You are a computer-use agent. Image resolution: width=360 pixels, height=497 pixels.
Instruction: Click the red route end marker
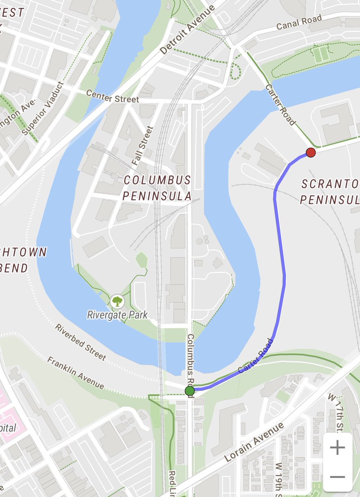click(311, 153)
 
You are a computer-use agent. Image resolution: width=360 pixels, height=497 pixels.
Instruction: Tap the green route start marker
click(190, 391)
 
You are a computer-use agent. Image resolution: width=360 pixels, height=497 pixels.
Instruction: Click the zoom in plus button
click(338, 448)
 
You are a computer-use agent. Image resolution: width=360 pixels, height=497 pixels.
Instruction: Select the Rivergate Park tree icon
click(117, 301)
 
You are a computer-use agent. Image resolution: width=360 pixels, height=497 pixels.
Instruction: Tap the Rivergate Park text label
click(117, 315)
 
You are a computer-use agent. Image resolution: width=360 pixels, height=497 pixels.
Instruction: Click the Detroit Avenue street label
click(188, 30)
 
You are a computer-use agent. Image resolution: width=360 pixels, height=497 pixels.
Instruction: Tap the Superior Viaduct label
click(43, 109)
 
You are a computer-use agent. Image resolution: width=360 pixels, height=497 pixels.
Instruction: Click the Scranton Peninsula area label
click(329, 192)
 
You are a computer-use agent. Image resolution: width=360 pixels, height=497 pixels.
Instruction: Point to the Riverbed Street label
click(81, 342)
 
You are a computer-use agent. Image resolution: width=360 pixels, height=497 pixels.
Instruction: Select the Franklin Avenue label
click(75, 373)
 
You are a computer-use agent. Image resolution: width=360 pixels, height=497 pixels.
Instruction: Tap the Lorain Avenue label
click(254, 442)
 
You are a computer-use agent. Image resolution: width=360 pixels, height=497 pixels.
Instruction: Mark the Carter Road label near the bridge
click(280, 105)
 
